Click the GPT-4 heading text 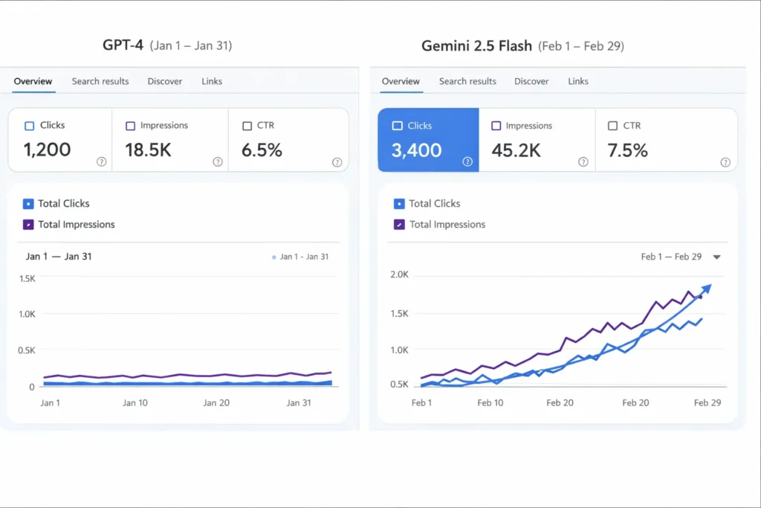click(x=123, y=45)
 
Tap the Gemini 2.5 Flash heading click(x=476, y=46)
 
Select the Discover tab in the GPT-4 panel click(x=164, y=81)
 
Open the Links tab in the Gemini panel click(x=578, y=81)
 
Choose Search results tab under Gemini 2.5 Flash click(x=467, y=81)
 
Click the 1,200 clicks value click(x=47, y=149)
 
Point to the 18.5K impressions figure click(x=148, y=149)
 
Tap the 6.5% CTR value click(x=262, y=149)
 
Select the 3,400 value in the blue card click(x=416, y=150)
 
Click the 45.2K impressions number click(x=516, y=150)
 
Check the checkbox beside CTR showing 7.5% click(x=612, y=126)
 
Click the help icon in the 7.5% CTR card click(x=725, y=162)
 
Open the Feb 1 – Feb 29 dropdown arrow click(x=716, y=257)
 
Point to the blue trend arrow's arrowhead click(x=707, y=287)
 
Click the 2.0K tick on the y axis click(x=399, y=274)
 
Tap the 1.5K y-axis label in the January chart click(x=27, y=278)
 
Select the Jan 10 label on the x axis click(x=135, y=402)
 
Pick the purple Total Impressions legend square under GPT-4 click(x=28, y=224)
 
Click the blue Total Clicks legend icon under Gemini click(x=399, y=203)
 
